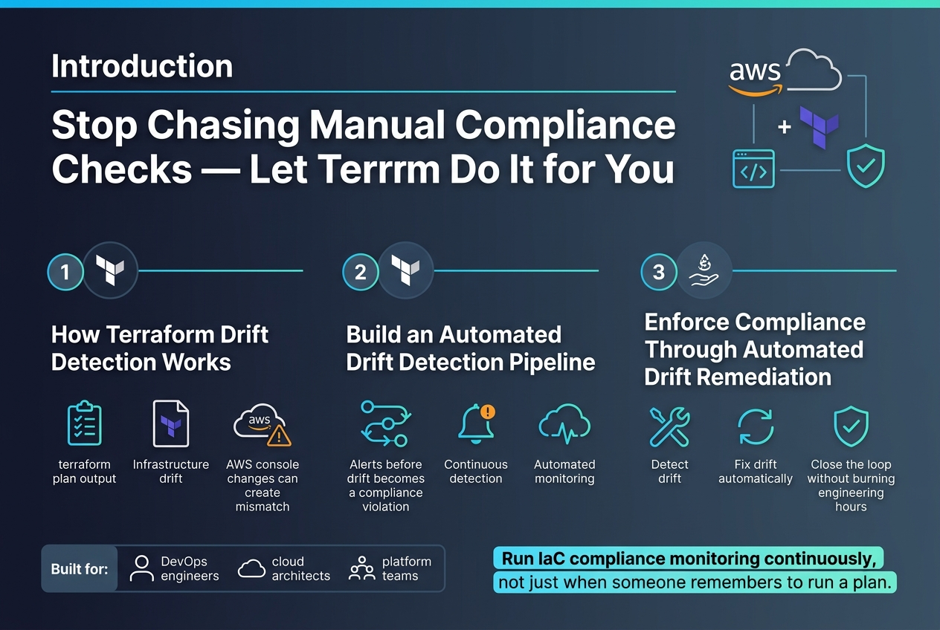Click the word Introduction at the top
[x=142, y=66]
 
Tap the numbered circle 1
[x=65, y=272]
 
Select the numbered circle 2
[x=361, y=272]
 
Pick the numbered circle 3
[x=659, y=272]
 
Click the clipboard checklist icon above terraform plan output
[x=84, y=423]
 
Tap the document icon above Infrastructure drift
[x=171, y=423]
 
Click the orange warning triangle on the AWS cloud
[x=279, y=435]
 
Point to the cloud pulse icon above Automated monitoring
[x=565, y=423]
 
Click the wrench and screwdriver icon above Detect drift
[x=669, y=426]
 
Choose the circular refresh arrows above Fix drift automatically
[x=756, y=426]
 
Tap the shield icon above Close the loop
[x=851, y=426]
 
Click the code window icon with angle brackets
[x=753, y=169]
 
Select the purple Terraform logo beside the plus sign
[x=819, y=127]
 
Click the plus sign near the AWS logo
[x=785, y=126]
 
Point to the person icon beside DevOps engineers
[x=142, y=568]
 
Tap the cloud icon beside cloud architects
[x=251, y=569]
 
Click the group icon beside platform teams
[x=361, y=568]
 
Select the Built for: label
[x=80, y=569]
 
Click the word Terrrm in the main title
[x=344, y=169]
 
